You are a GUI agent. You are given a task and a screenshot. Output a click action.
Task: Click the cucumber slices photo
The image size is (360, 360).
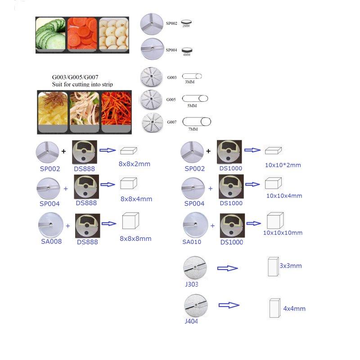click(x=51, y=34)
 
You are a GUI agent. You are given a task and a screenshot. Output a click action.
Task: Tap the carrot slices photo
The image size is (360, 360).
click(x=82, y=34)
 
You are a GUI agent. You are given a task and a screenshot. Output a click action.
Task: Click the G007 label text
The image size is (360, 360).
click(x=171, y=121)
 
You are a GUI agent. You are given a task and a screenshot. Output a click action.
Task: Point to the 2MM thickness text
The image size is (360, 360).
click(x=186, y=27)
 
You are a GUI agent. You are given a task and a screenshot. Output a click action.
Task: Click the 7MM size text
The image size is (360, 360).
click(x=193, y=129)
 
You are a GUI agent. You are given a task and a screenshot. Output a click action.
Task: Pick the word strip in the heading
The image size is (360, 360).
click(x=107, y=84)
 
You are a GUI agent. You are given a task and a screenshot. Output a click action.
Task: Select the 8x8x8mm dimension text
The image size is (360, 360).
click(x=135, y=238)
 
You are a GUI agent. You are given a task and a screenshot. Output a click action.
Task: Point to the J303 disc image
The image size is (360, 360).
click(x=196, y=268)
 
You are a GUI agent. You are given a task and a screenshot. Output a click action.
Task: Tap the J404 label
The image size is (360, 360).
click(x=191, y=321)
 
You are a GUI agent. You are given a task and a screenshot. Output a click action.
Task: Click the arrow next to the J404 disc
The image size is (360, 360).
click(x=228, y=305)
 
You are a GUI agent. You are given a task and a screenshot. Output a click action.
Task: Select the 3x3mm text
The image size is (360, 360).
click(x=290, y=265)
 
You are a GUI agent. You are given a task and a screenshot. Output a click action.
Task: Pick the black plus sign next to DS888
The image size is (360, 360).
click(x=64, y=151)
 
